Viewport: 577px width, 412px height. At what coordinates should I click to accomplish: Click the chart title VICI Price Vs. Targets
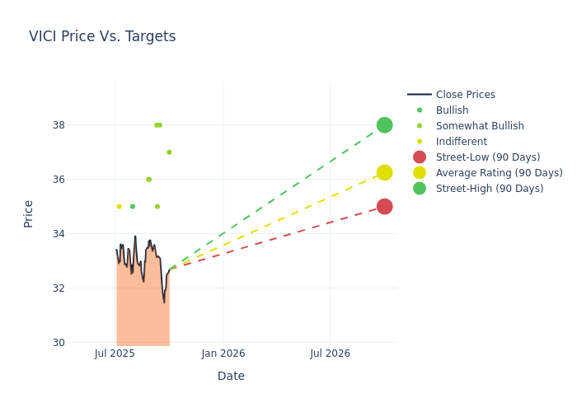click(102, 36)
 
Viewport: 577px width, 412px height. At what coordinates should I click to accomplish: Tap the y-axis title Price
click(29, 213)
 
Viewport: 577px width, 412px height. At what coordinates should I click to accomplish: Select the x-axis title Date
click(231, 376)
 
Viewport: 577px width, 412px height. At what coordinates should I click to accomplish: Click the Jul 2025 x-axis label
click(115, 353)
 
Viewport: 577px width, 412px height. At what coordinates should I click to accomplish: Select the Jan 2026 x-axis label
click(223, 353)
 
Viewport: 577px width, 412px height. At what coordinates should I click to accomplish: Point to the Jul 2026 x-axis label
click(330, 353)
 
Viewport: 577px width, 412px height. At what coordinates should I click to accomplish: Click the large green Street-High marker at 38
click(384, 125)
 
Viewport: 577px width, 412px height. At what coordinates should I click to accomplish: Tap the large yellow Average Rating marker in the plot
click(384, 172)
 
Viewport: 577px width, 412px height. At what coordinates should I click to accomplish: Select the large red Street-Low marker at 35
click(384, 207)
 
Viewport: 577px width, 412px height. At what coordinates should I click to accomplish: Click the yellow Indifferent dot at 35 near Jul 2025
click(119, 207)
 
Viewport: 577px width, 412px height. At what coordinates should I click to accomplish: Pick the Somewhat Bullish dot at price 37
click(169, 152)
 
